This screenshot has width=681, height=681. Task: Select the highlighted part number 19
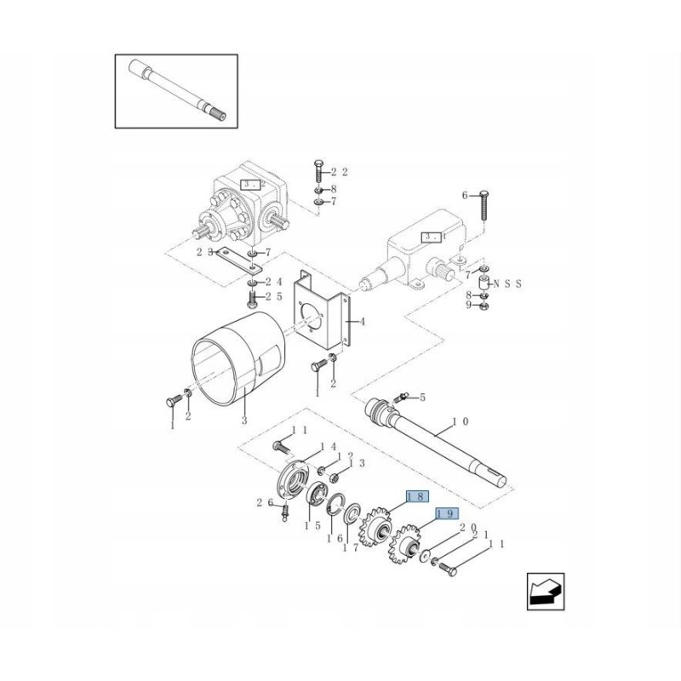447,514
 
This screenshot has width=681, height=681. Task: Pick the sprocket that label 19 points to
410,546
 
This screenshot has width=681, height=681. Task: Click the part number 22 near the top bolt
340,172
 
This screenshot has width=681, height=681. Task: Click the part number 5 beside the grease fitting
421,398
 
